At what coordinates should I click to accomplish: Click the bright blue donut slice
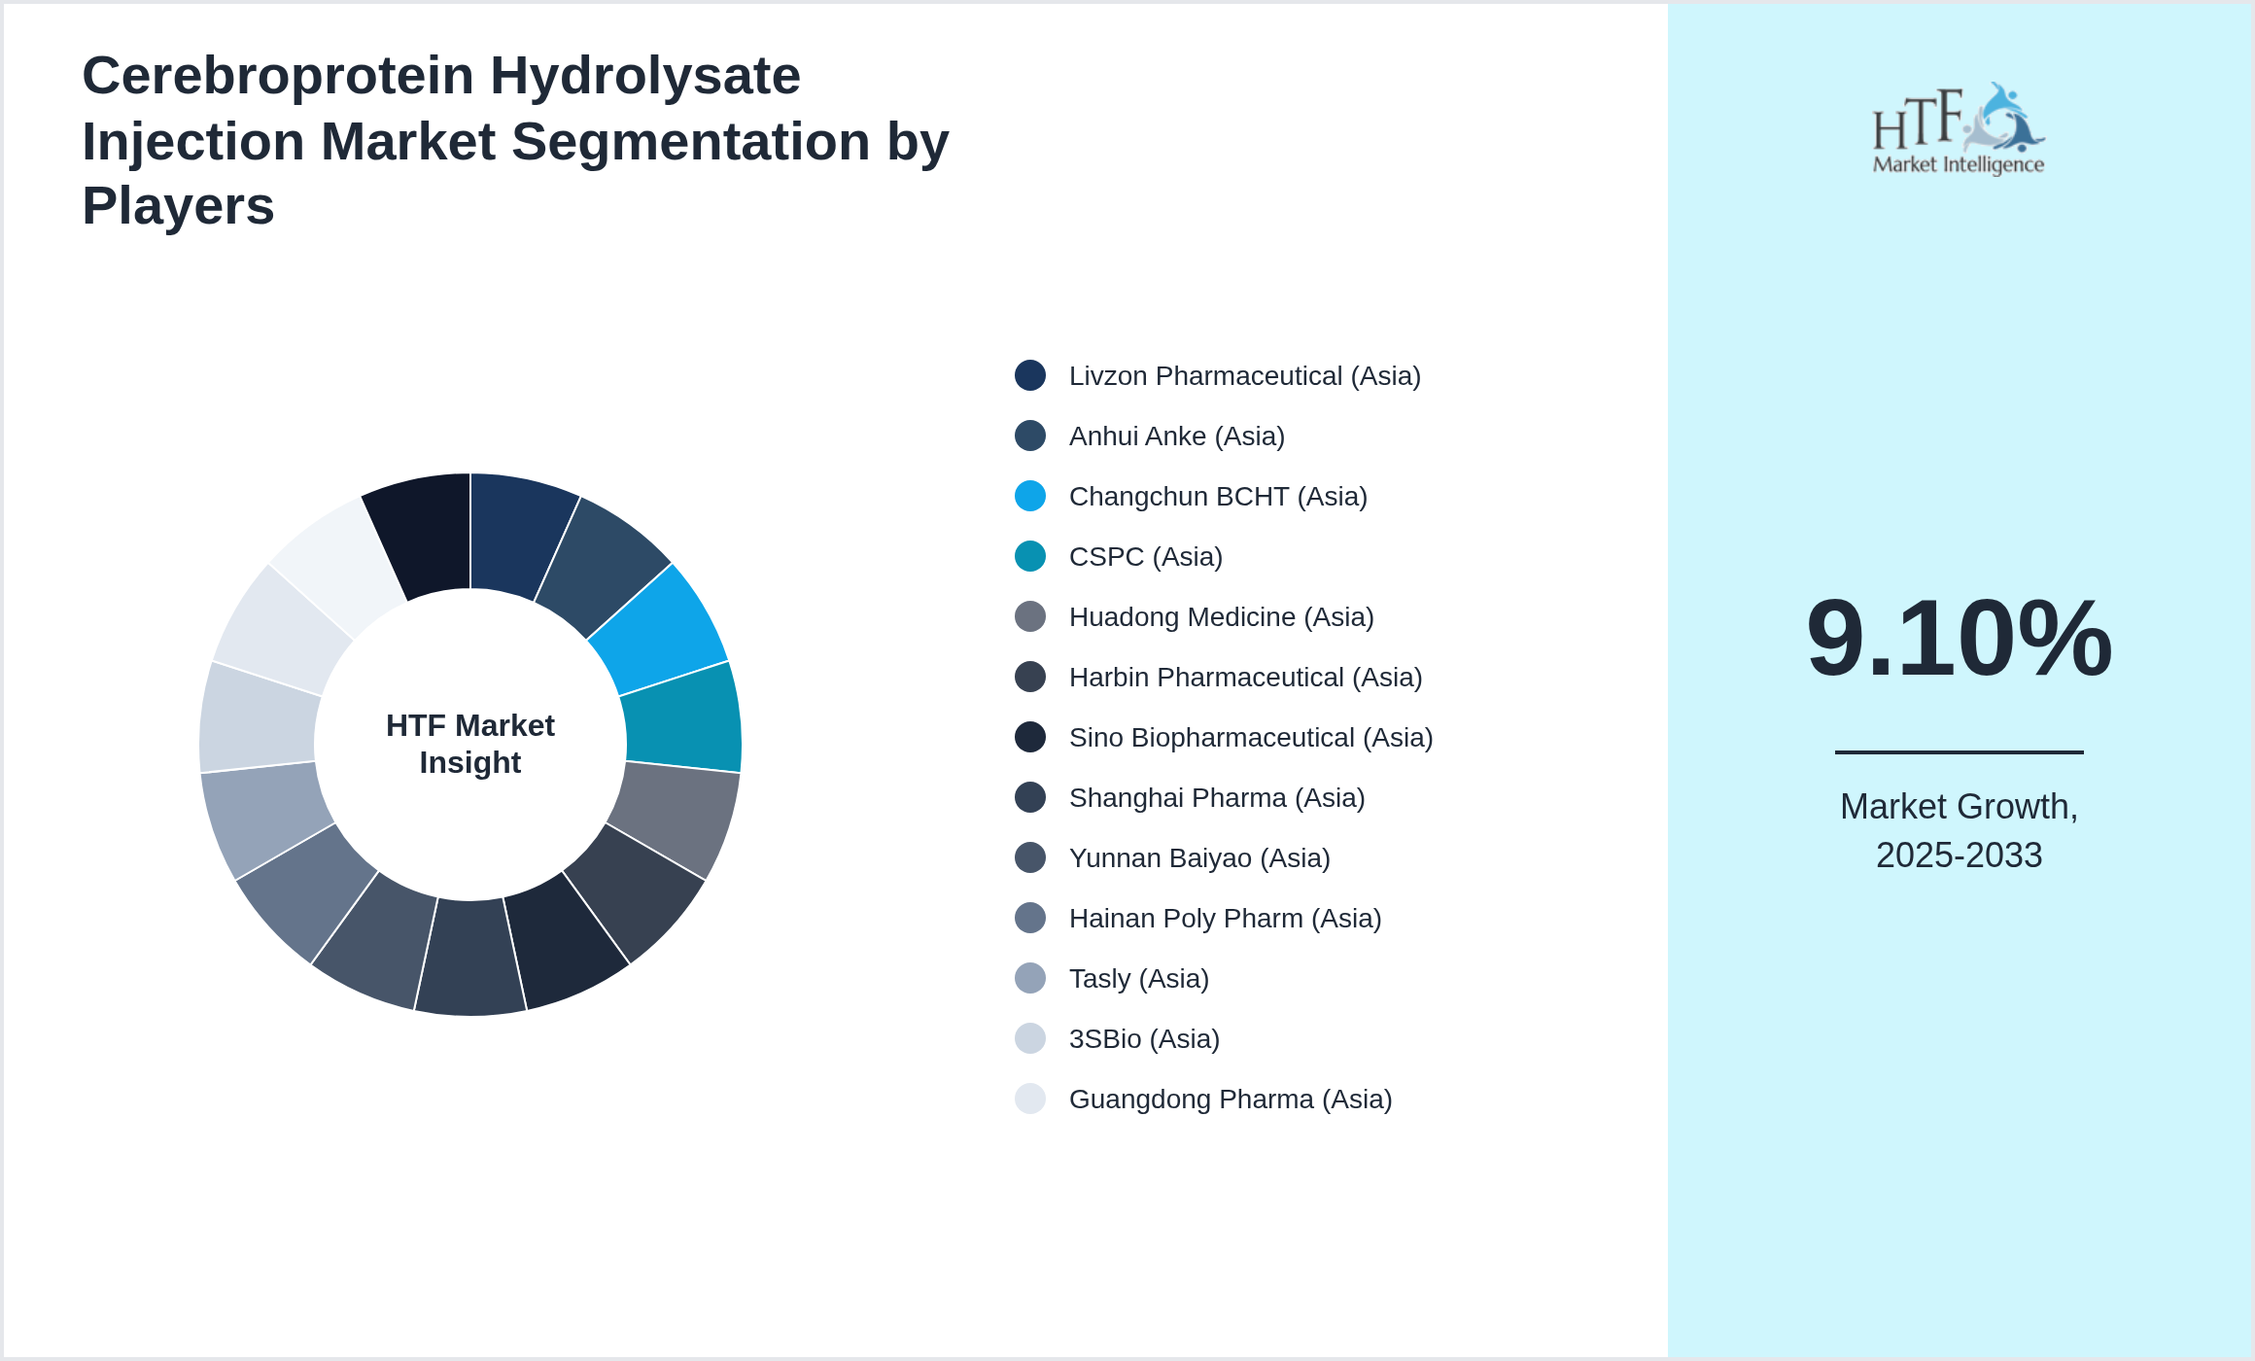point(661,627)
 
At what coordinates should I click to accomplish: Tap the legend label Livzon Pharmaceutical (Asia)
point(1244,376)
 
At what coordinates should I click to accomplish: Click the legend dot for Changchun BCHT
point(1030,496)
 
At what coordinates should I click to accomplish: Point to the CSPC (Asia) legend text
point(1145,557)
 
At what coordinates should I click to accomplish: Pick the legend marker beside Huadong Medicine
point(1030,616)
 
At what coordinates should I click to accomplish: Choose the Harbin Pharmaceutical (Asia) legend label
point(1245,678)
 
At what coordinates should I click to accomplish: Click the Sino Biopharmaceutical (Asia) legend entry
point(1251,738)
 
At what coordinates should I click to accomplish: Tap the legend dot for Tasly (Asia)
point(1030,978)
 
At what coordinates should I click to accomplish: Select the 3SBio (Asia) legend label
point(1144,1039)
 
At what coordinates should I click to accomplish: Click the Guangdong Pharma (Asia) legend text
point(1231,1099)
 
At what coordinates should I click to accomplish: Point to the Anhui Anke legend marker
point(1030,436)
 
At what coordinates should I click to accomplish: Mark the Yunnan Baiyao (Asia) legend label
point(1199,858)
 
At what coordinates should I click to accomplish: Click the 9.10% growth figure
point(1959,639)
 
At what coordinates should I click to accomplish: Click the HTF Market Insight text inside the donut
point(470,744)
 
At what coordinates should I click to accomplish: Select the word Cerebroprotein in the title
point(278,76)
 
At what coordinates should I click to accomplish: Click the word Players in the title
point(178,206)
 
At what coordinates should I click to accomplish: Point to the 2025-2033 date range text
point(1959,855)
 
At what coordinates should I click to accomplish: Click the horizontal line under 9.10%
point(1959,751)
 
